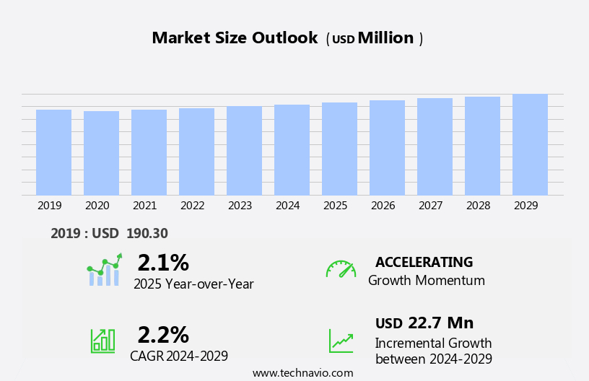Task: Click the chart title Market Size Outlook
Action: pos(235,38)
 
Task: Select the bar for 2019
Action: pos(53,152)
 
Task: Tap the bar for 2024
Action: pos(292,150)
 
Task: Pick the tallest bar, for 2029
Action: pos(530,144)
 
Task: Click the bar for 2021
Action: pos(149,152)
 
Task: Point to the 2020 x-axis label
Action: pos(97,206)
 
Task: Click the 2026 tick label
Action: pos(383,206)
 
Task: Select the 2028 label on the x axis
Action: pos(479,206)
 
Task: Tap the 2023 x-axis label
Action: pos(240,206)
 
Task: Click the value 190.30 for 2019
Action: pos(147,234)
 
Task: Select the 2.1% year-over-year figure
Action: pos(163,263)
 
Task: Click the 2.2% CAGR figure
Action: pos(163,335)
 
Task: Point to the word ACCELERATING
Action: pos(424,262)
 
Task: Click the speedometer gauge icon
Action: pos(341,269)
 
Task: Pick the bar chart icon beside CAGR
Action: pos(102,340)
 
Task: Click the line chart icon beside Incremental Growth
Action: pos(341,341)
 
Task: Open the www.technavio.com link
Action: pos(302,373)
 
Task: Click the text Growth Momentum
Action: pos(426,281)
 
